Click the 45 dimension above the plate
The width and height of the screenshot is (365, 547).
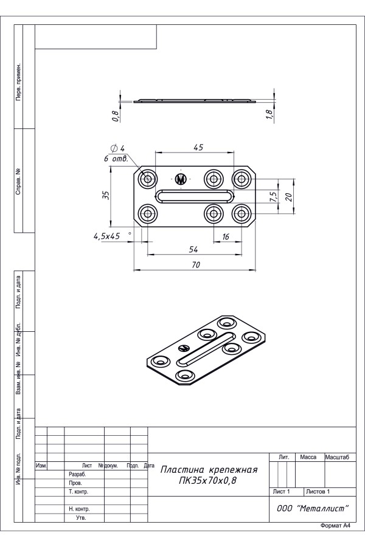[x=198, y=147]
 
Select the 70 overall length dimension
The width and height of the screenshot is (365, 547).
[x=196, y=265]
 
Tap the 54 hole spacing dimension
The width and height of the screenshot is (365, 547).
[x=193, y=249]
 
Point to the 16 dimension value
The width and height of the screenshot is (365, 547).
[x=226, y=236]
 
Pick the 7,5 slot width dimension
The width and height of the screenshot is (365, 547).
[x=274, y=196]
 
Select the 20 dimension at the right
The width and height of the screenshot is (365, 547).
[x=288, y=197]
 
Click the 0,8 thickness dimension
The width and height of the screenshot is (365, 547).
[x=116, y=116]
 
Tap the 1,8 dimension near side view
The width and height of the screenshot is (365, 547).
[x=269, y=115]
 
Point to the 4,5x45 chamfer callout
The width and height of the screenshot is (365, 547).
[x=106, y=236]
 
